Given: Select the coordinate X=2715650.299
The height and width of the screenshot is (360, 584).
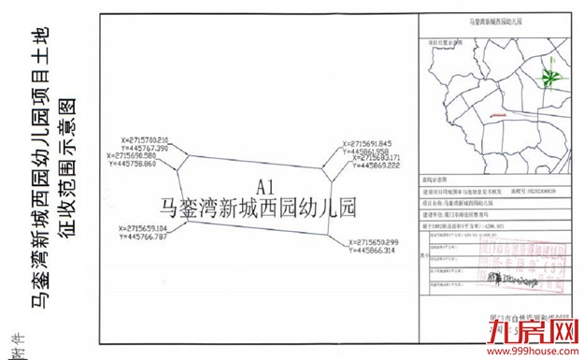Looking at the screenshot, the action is [378, 242].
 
